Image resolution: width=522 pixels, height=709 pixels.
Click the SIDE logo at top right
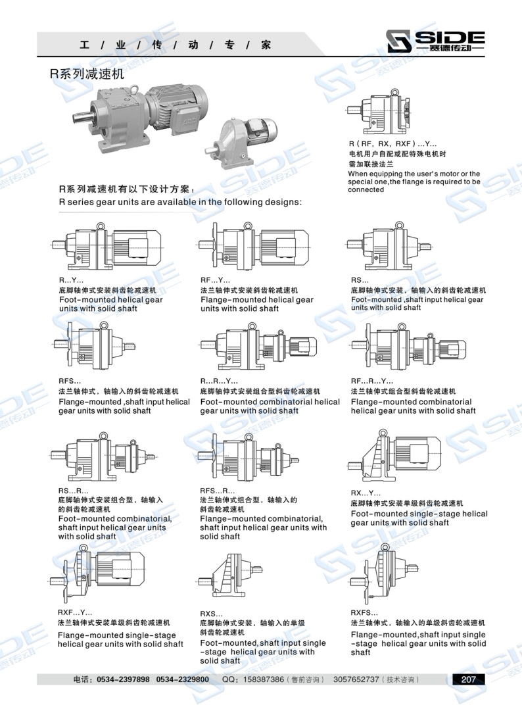point(436,41)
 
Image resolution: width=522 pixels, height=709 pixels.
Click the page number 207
point(468,679)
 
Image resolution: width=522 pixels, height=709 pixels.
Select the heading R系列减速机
point(87,73)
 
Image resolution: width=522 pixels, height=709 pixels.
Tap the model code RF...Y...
point(215,280)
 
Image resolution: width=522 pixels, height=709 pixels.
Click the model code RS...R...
point(73,491)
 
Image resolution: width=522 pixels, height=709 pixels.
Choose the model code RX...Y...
point(366,493)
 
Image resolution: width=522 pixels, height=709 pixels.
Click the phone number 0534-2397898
point(123,679)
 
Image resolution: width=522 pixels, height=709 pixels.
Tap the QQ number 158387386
point(264,679)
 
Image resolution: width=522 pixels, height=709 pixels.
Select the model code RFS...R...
point(218,491)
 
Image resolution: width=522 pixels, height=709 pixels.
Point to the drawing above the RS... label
point(390,247)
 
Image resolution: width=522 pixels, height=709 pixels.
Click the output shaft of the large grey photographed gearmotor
point(82,118)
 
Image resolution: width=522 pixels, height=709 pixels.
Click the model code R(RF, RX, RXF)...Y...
point(392,144)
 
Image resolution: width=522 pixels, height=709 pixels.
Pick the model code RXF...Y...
point(74,613)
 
